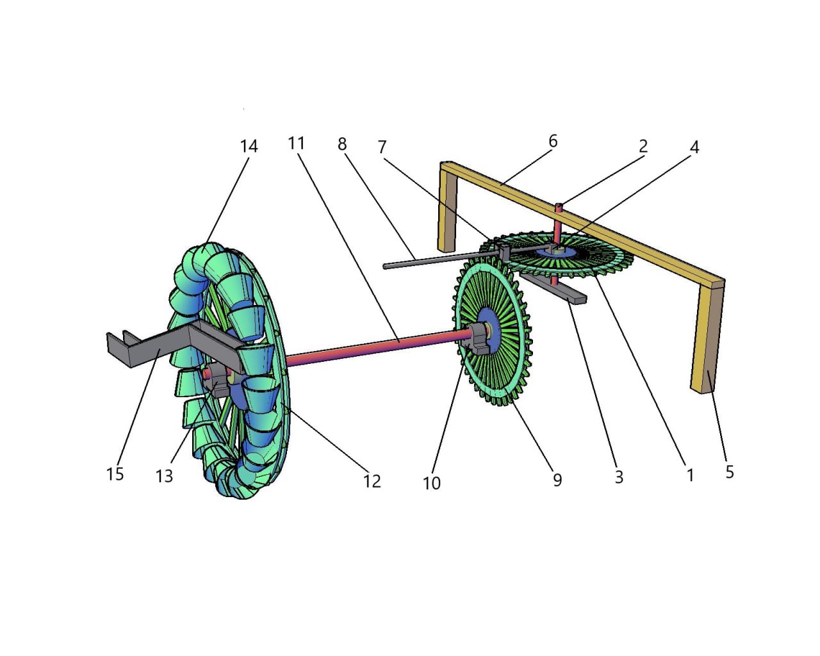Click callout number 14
point(249,147)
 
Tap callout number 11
point(296,143)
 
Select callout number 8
point(342,144)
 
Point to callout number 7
point(382,147)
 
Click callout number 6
point(553,141)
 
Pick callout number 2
point(643,146)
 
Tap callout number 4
point(694,147)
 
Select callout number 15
point(115,474)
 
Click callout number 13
point(164,476)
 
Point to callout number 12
point(372,480)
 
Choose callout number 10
point(431,483)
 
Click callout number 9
point(557,480)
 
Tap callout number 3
point(619,477)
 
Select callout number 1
point(690,475)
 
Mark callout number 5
point(730,472)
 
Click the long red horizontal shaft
point(372,347)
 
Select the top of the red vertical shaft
point(558,206)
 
